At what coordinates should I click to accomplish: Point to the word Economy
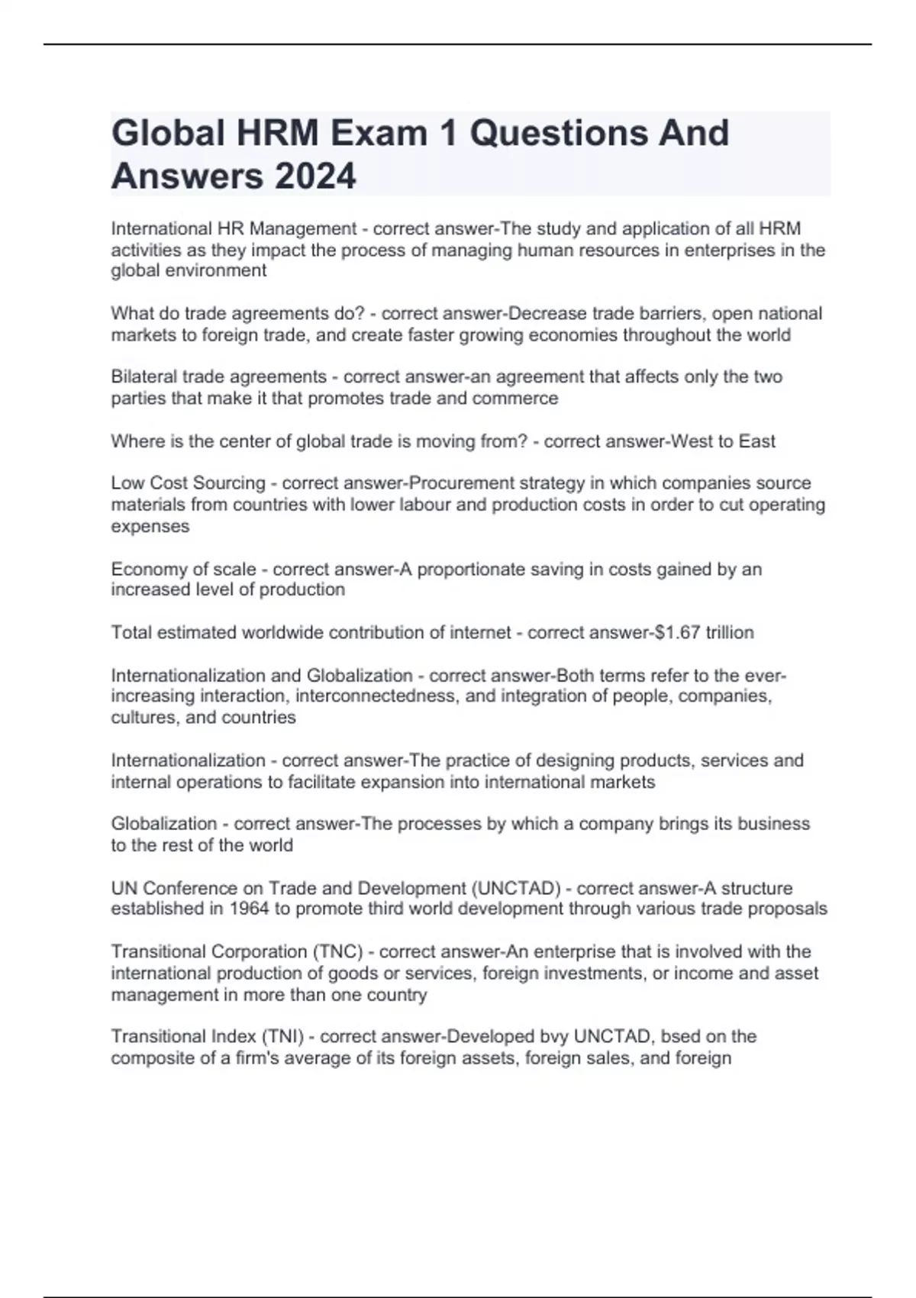tap(144, 570)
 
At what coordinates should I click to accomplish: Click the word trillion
tap(730, 632)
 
